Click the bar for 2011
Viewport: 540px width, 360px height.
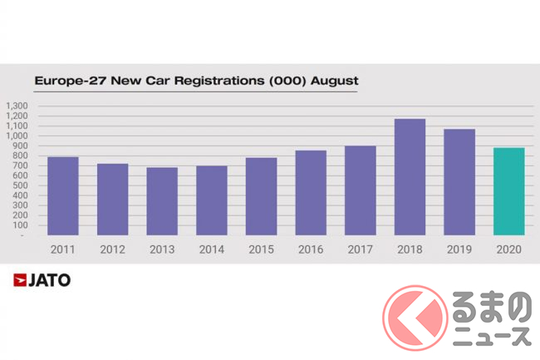pos(63,195)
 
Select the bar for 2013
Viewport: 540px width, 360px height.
pos(162,201)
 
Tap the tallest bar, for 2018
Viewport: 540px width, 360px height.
pos(410,176)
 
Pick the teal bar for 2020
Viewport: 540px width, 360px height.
pos(508,191)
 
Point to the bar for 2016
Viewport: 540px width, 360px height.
pos(311,192)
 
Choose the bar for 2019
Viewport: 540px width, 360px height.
pos(459,182)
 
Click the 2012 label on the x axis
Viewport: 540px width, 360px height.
pos(112,249)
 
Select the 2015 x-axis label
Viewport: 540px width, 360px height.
pos(261,249)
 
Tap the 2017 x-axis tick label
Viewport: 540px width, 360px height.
pos(360,249)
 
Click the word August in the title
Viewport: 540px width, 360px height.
pos(335,81)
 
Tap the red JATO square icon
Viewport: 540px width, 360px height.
pos(20,280)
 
